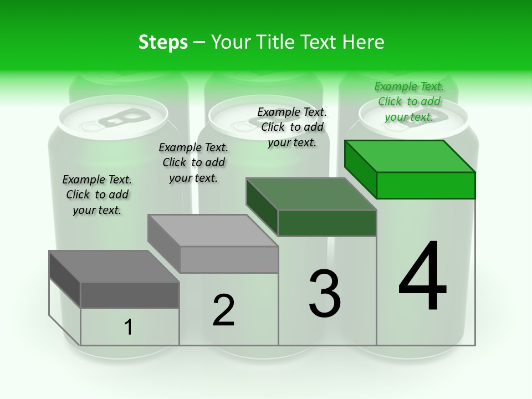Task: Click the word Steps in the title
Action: point(163,42)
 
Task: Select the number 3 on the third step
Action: point(325,293)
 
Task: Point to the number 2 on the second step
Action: point(223,310)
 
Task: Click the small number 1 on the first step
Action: point(129,327)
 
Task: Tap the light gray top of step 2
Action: point(213,230)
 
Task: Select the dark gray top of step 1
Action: point(114,266)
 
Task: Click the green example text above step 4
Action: point(409,101)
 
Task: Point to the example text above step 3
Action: point(292,127)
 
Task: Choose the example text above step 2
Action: point(193,162)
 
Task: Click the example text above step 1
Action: point(97,195)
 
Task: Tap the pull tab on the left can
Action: point(115,119)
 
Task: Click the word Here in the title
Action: point(364,42)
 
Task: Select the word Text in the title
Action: point(320,42)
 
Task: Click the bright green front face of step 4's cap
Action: point(426,185)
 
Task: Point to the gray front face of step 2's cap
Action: point(229,259)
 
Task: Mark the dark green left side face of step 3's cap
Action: point(262,206)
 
